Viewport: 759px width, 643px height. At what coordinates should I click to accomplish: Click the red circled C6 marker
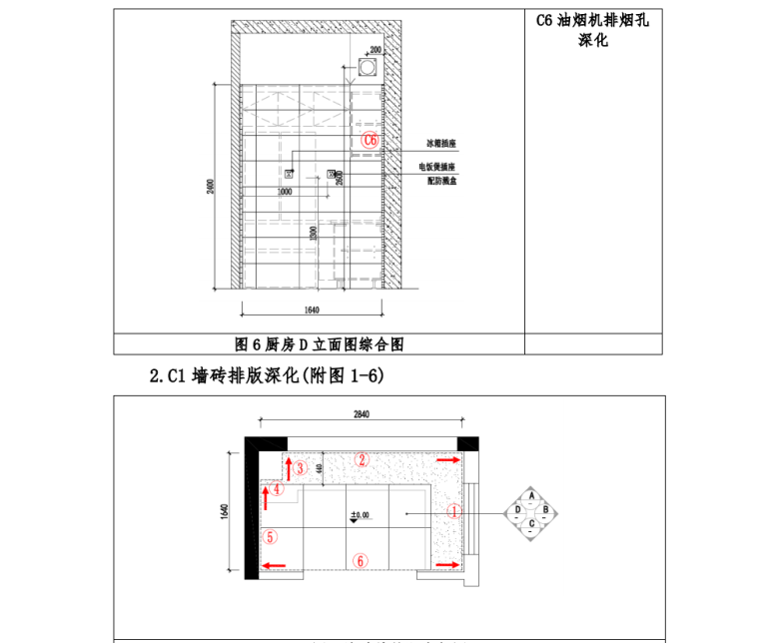[x=370, y=141]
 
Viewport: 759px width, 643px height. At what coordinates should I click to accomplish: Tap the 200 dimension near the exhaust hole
[x=376, y=49]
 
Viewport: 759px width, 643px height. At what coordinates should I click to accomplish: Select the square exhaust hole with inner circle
[x=368, y=67]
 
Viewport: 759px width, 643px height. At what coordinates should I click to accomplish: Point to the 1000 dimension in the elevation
[x=285, y=191]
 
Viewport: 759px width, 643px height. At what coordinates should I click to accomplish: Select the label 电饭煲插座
[x=436, y=167]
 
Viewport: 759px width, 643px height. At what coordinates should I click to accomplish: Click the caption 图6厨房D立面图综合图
[x=319, y=344]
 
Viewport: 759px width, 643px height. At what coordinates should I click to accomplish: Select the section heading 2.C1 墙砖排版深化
[x=266, y=376]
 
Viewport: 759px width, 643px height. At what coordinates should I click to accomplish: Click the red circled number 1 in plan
[x=454, y=511]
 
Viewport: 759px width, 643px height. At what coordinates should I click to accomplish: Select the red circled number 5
[x=271, y=535]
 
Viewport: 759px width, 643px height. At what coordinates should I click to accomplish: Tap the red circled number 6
[x=361, y=561]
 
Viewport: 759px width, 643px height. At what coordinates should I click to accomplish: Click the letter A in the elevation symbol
[x=532, y=495]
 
